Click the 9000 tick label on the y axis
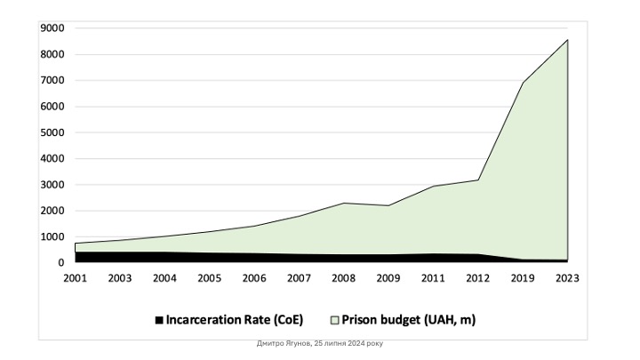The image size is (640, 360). [52, 28]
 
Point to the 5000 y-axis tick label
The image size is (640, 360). [52, 132]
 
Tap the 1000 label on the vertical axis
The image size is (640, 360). [52, 237]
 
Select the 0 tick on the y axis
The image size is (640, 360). [61, 263]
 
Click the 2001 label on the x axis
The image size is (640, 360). [75, 277]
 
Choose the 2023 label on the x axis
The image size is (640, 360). [567, 277]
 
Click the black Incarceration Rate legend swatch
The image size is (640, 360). [160, 318]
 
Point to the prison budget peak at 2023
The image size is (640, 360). [567, 39]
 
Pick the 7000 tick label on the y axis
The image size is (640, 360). [52, 80]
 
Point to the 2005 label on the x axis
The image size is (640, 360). [210, 277]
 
